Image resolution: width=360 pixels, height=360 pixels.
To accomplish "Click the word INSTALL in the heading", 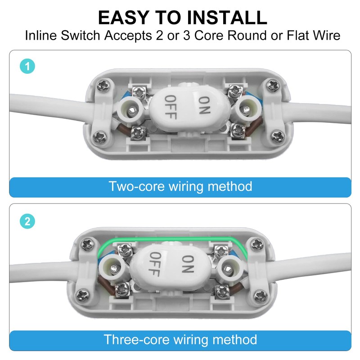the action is [x=227, y=18].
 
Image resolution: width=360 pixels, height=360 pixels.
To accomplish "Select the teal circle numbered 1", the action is [x=27, y=67].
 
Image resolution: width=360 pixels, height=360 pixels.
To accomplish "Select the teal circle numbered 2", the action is [x=27, y=221].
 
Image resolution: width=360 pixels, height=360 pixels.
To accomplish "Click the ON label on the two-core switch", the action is [x=204, y=105].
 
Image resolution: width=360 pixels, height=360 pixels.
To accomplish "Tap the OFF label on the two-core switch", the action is [x=171, y=107].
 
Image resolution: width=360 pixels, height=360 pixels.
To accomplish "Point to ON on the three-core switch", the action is [x=188, y=264].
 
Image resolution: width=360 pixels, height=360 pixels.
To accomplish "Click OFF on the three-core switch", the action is [x=155, y=264].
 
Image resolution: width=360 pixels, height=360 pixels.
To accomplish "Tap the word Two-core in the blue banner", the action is [x=137, y=186].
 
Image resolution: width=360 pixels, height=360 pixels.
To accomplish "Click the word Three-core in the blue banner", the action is [x=136, y=340].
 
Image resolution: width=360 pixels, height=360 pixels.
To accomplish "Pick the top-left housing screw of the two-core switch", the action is [x=103, y=85].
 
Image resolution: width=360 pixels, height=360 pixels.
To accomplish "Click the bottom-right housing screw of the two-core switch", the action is [x=278, y=136].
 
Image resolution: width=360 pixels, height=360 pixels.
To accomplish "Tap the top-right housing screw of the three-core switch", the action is [x=256, y=244].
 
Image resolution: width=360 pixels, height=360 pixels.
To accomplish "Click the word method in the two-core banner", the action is [x=230, y=186].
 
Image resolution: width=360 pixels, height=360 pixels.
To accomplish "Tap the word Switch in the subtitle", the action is [x=81, y=36].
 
